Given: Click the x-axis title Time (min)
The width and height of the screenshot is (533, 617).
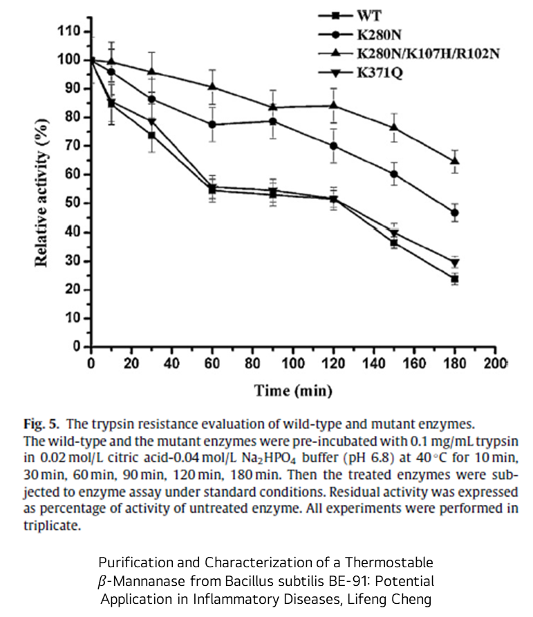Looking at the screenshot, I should [x=293, y=391].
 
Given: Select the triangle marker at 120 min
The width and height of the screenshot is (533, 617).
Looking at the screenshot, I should [x=334, y=105].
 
